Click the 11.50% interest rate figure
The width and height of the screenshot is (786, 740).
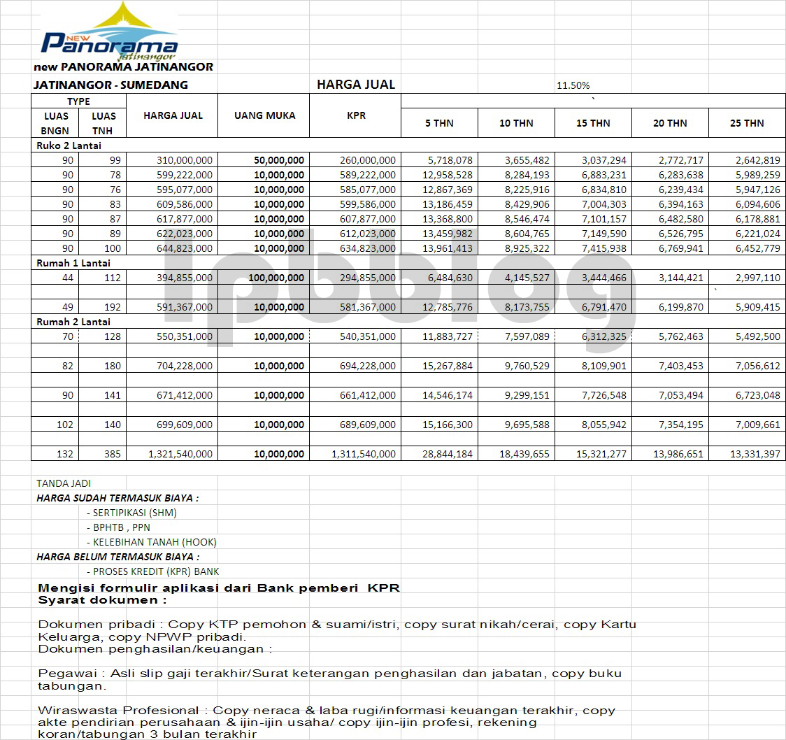pyautogui.click(x=573, y=85)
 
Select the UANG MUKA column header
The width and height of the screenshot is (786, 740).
pyautogui.click(x=264, y=115)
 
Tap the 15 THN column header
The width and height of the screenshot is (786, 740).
pyautogui.click(x=593, y=123)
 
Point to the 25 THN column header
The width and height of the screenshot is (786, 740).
pyautogui.click(x=747, y=123)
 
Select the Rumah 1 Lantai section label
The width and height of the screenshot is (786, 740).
pyautogui.click(x=73, y=263)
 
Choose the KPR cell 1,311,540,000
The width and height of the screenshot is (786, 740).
pyautogui.click(x=364, y=454)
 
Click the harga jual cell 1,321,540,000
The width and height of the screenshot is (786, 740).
pyautogui.click(x=180, y=454)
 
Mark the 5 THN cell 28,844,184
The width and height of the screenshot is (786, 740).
pyautogui.click(x=442, y=454)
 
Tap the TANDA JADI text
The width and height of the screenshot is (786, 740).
pyautogui.click(x=64, y=483)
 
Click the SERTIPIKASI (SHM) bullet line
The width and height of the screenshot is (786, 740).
pyautogui.click(x=131, y=513)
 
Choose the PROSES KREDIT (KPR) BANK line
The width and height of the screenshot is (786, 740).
pyautogui.click(x=152, y=571)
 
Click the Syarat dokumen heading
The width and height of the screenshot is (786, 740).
pyautogui.click(x=103, y=600)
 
